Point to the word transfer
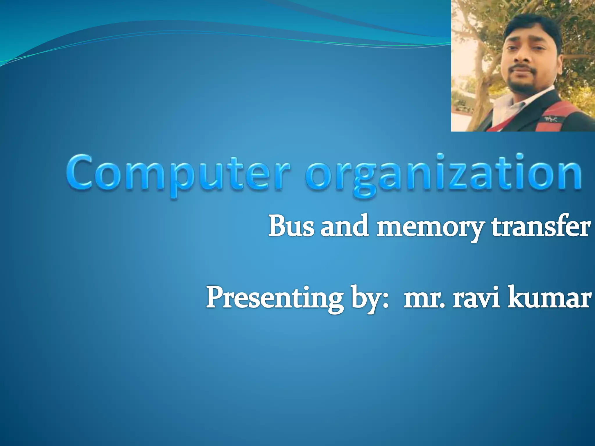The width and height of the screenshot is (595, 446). (x=540, y=226)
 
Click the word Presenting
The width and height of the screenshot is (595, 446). (x=274, y=299)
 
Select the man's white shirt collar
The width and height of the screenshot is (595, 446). (x=511, y=102)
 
